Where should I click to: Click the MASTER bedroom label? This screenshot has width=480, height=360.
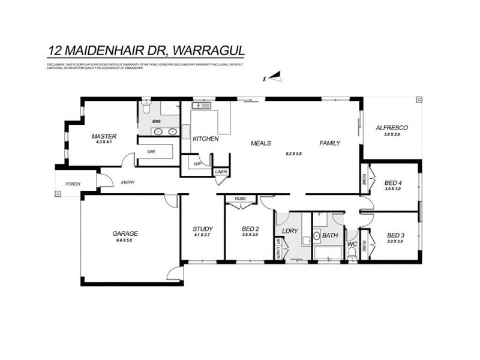click(104, 136)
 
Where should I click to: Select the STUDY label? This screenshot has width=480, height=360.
click(203, 229)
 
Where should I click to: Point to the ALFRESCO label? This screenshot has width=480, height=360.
click(391, 128)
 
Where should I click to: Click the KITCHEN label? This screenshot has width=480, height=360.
click(205, 139)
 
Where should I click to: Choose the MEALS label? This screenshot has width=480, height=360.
click(262, 143)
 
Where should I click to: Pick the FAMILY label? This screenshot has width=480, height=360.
click(330, 143)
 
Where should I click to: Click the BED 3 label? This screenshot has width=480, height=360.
click(395, 235)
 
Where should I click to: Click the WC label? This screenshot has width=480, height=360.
click(352, 245)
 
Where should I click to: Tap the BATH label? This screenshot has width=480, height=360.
click(330, 236)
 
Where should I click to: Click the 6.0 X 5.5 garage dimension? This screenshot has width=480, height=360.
click(125, 240)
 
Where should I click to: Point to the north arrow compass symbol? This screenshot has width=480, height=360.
click(274, 76)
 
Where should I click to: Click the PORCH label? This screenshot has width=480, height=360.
click(66, 184)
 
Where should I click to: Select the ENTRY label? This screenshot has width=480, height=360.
click(128, 182)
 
